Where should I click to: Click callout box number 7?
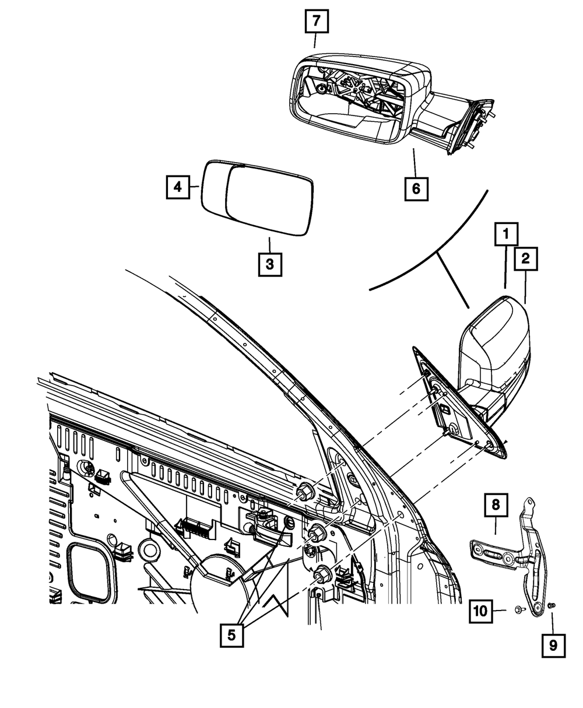[315, 22]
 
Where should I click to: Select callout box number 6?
[415, 188]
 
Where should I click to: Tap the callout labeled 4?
[177, 187]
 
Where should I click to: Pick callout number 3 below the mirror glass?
[269, 264]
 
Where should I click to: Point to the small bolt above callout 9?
[553, 607]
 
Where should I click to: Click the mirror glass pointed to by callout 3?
[269, 200]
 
